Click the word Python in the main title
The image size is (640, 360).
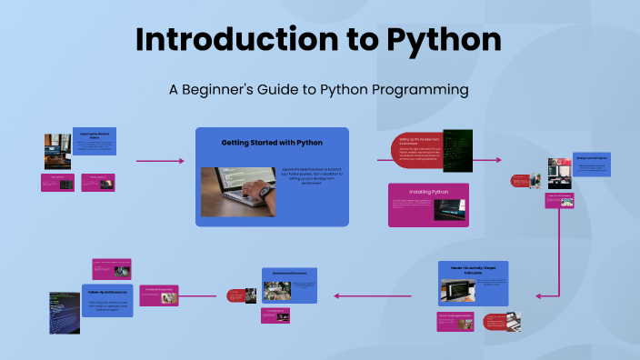(444, 40)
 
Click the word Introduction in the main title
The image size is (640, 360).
(246, 40)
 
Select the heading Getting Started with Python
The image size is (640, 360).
(272, 143)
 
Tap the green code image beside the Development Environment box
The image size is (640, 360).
(457, 151)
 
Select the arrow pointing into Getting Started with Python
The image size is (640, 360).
(160, 161)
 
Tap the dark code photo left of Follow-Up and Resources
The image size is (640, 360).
(64, 312)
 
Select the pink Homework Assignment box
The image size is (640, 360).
(165, 293)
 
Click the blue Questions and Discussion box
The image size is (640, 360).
(288, 285)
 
